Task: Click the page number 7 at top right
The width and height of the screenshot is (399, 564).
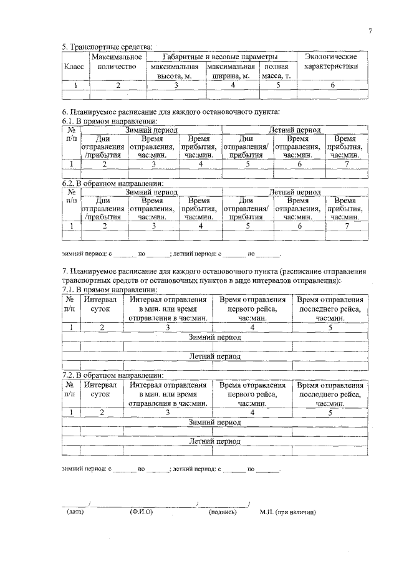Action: [x=369, y=31]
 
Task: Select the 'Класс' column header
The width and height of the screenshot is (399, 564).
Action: [x=74, y=67]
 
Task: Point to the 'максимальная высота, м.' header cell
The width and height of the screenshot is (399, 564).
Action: [x=175, y=71]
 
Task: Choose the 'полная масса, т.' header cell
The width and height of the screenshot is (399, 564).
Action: [x=276, y=71]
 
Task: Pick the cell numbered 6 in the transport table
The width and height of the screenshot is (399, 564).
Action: [x=332, y=85]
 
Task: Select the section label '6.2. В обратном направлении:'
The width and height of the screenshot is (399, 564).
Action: [x=113, y=184]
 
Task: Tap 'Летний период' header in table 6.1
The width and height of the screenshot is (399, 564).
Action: [x=295, y=130]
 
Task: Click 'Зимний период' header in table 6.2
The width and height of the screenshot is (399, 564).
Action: [x=151, y=193]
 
